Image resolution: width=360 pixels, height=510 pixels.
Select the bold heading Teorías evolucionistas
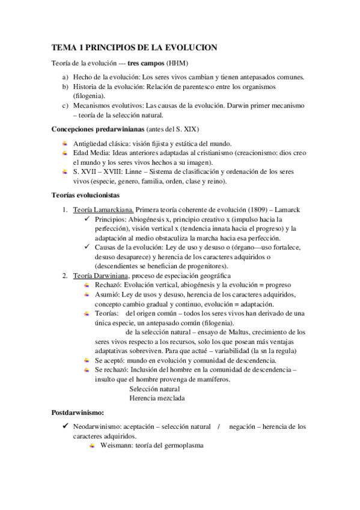tap(85, 195)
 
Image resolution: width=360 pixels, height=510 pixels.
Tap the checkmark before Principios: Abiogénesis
tap(88, 219)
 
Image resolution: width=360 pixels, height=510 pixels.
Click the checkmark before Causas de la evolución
tap(88, 247)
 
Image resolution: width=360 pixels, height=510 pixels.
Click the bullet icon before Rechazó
tap(88, 284)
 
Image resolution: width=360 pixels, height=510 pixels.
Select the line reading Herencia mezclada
tap(157, 398)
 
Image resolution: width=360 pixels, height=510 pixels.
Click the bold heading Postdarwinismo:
tap(78, 413)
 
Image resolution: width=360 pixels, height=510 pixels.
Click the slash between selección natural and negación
tap(219, 426)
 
